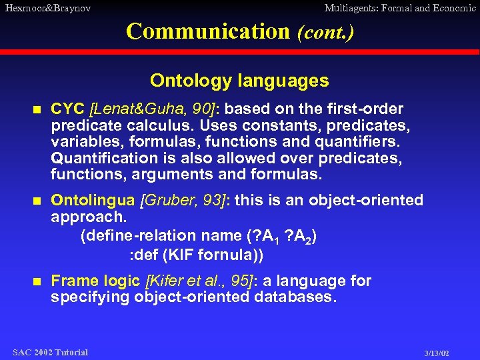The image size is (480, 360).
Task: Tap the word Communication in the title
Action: [x=207, y=31]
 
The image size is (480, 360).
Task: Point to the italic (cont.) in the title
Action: [x=325, y=32]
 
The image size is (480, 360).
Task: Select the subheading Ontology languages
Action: [x=239, y=81]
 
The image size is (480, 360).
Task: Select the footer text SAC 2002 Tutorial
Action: [x=50, y=352]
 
